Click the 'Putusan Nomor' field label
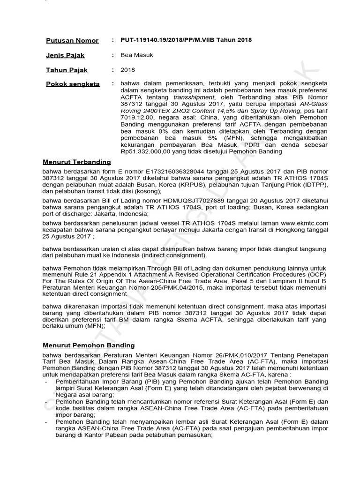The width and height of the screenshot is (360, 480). (x=72, y=41)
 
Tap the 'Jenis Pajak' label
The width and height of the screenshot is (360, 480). (x=65, y=55)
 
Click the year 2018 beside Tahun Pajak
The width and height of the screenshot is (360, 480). (x=128, y=70)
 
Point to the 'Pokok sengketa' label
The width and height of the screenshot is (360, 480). (x=73, y=84)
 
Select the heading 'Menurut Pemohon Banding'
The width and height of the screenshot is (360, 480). (x=89, y=345)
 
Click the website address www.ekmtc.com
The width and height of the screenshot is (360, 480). (x=305, y=223)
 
